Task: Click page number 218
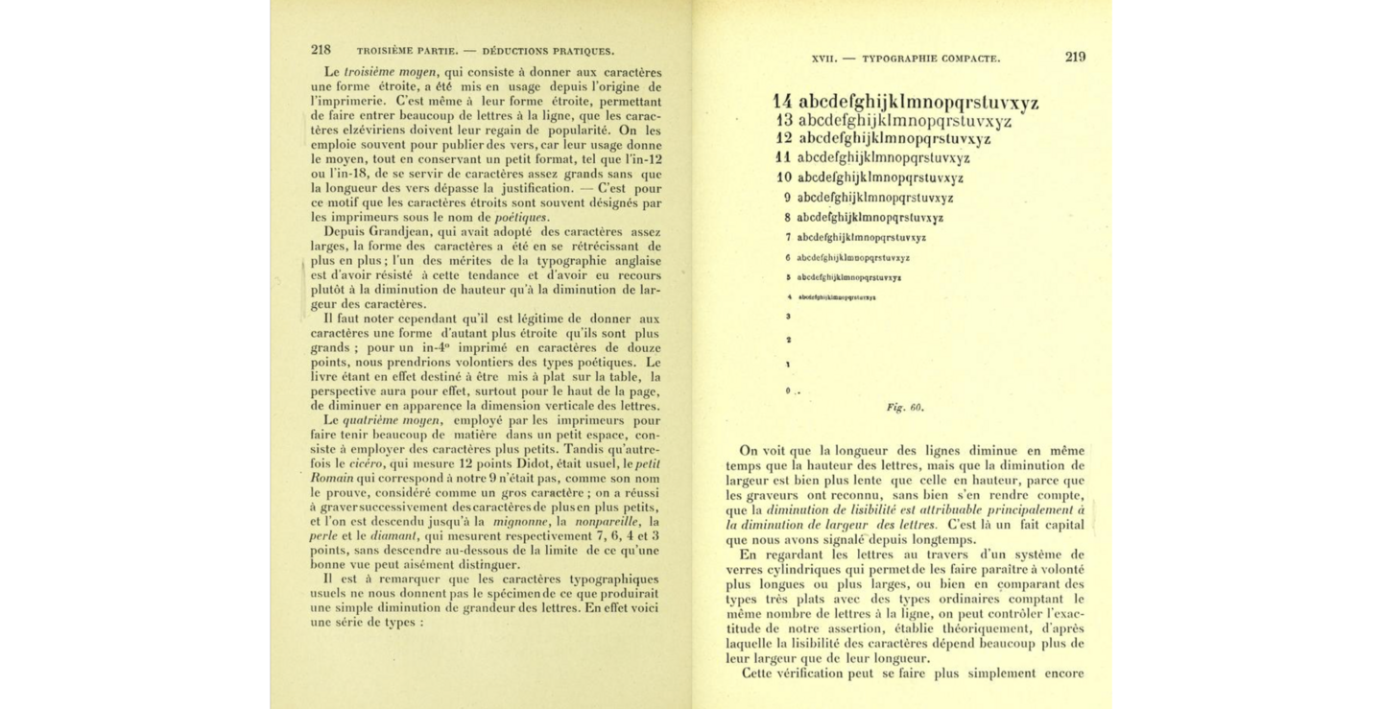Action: click(x=321, y=50)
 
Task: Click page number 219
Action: click(x=1075, y=57)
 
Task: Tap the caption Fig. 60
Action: click(x=905, y=407)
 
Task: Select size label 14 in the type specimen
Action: click(x=783, y=103)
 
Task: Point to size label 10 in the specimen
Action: click(x=784, y=177)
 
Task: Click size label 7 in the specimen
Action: click(x=787, y=237)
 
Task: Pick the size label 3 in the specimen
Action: click(x=788, y=316)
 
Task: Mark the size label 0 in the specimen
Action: click(x=787, y=390)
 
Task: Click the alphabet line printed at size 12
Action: click(x=894, y=139)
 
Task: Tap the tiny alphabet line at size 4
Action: click(x=836, y=297)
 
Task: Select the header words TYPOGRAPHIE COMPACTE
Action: click(x=930, y=59)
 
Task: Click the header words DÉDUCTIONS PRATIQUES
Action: click(x=548, y=51)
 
